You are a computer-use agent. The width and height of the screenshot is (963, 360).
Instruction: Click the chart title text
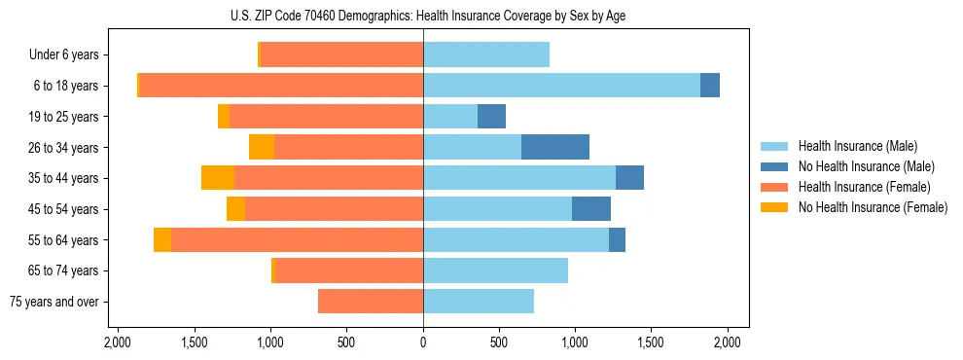click(x=423, y=16)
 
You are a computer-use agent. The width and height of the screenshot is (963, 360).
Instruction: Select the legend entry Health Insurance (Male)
click(x=857, y=146)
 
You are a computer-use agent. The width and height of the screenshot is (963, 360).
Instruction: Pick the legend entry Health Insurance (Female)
click(x=863, y=187)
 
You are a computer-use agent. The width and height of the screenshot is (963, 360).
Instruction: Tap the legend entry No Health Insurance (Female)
click(x=873, y=207)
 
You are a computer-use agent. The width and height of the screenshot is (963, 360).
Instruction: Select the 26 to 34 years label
click(x=65, y=148)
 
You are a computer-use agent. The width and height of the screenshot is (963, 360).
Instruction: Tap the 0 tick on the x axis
click(x=423, y=342)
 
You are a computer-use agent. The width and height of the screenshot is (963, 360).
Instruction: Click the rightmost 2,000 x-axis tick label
click(x=729, y=342)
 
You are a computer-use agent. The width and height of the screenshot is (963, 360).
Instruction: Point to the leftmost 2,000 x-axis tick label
click(x=117, y=342)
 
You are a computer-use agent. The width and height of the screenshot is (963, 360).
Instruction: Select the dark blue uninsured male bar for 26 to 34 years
click(x=555, y=147)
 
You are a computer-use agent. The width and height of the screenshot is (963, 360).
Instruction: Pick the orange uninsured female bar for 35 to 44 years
click(x=218, y=178)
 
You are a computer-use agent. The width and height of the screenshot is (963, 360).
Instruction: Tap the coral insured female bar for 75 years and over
click(x=371, y=302)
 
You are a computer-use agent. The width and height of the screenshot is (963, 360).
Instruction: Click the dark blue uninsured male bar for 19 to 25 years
click(x=491, y=117)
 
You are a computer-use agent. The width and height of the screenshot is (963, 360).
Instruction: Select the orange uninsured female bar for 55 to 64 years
click(x=162, y=239)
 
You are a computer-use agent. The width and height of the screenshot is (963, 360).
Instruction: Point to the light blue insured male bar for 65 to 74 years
click(x=495, y=270)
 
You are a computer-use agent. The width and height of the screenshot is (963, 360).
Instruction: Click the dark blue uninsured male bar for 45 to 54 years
click(x=591, y=209)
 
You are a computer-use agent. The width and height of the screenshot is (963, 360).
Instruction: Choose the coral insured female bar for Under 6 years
click(x=341, y=55)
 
